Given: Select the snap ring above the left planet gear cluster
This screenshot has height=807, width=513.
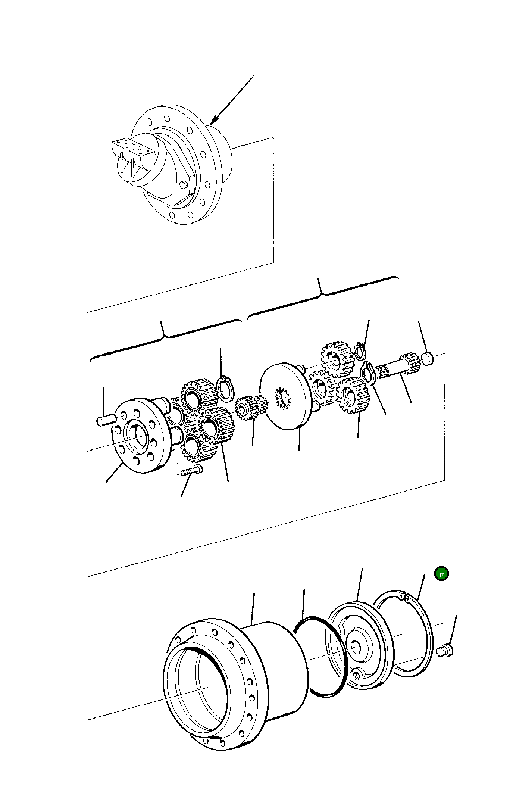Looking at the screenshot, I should (x=225, y=389).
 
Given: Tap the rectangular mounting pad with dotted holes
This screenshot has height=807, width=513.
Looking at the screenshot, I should (x=132, y=146).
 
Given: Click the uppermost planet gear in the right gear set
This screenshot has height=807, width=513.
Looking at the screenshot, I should (x=337, y=359).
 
